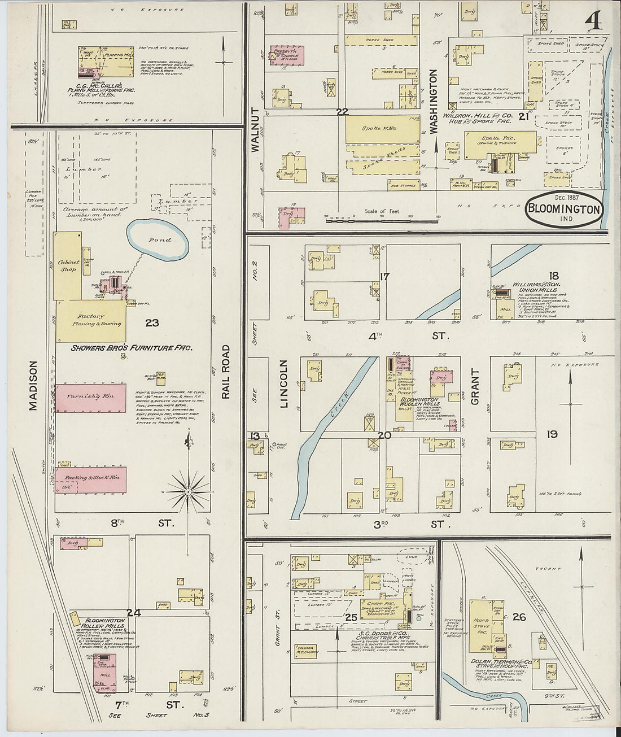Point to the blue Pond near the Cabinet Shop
click(158, 239)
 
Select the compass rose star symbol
click(188, 491)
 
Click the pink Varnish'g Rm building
click(90, 396)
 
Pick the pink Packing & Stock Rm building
click(90, 478)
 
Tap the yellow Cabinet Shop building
click(68, 265)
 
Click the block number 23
click(152, 323)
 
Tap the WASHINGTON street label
click(434, 102)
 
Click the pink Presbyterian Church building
click(286, 55)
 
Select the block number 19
click(552, 434)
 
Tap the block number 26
click(519, 617)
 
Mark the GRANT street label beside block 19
click(474, 387)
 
